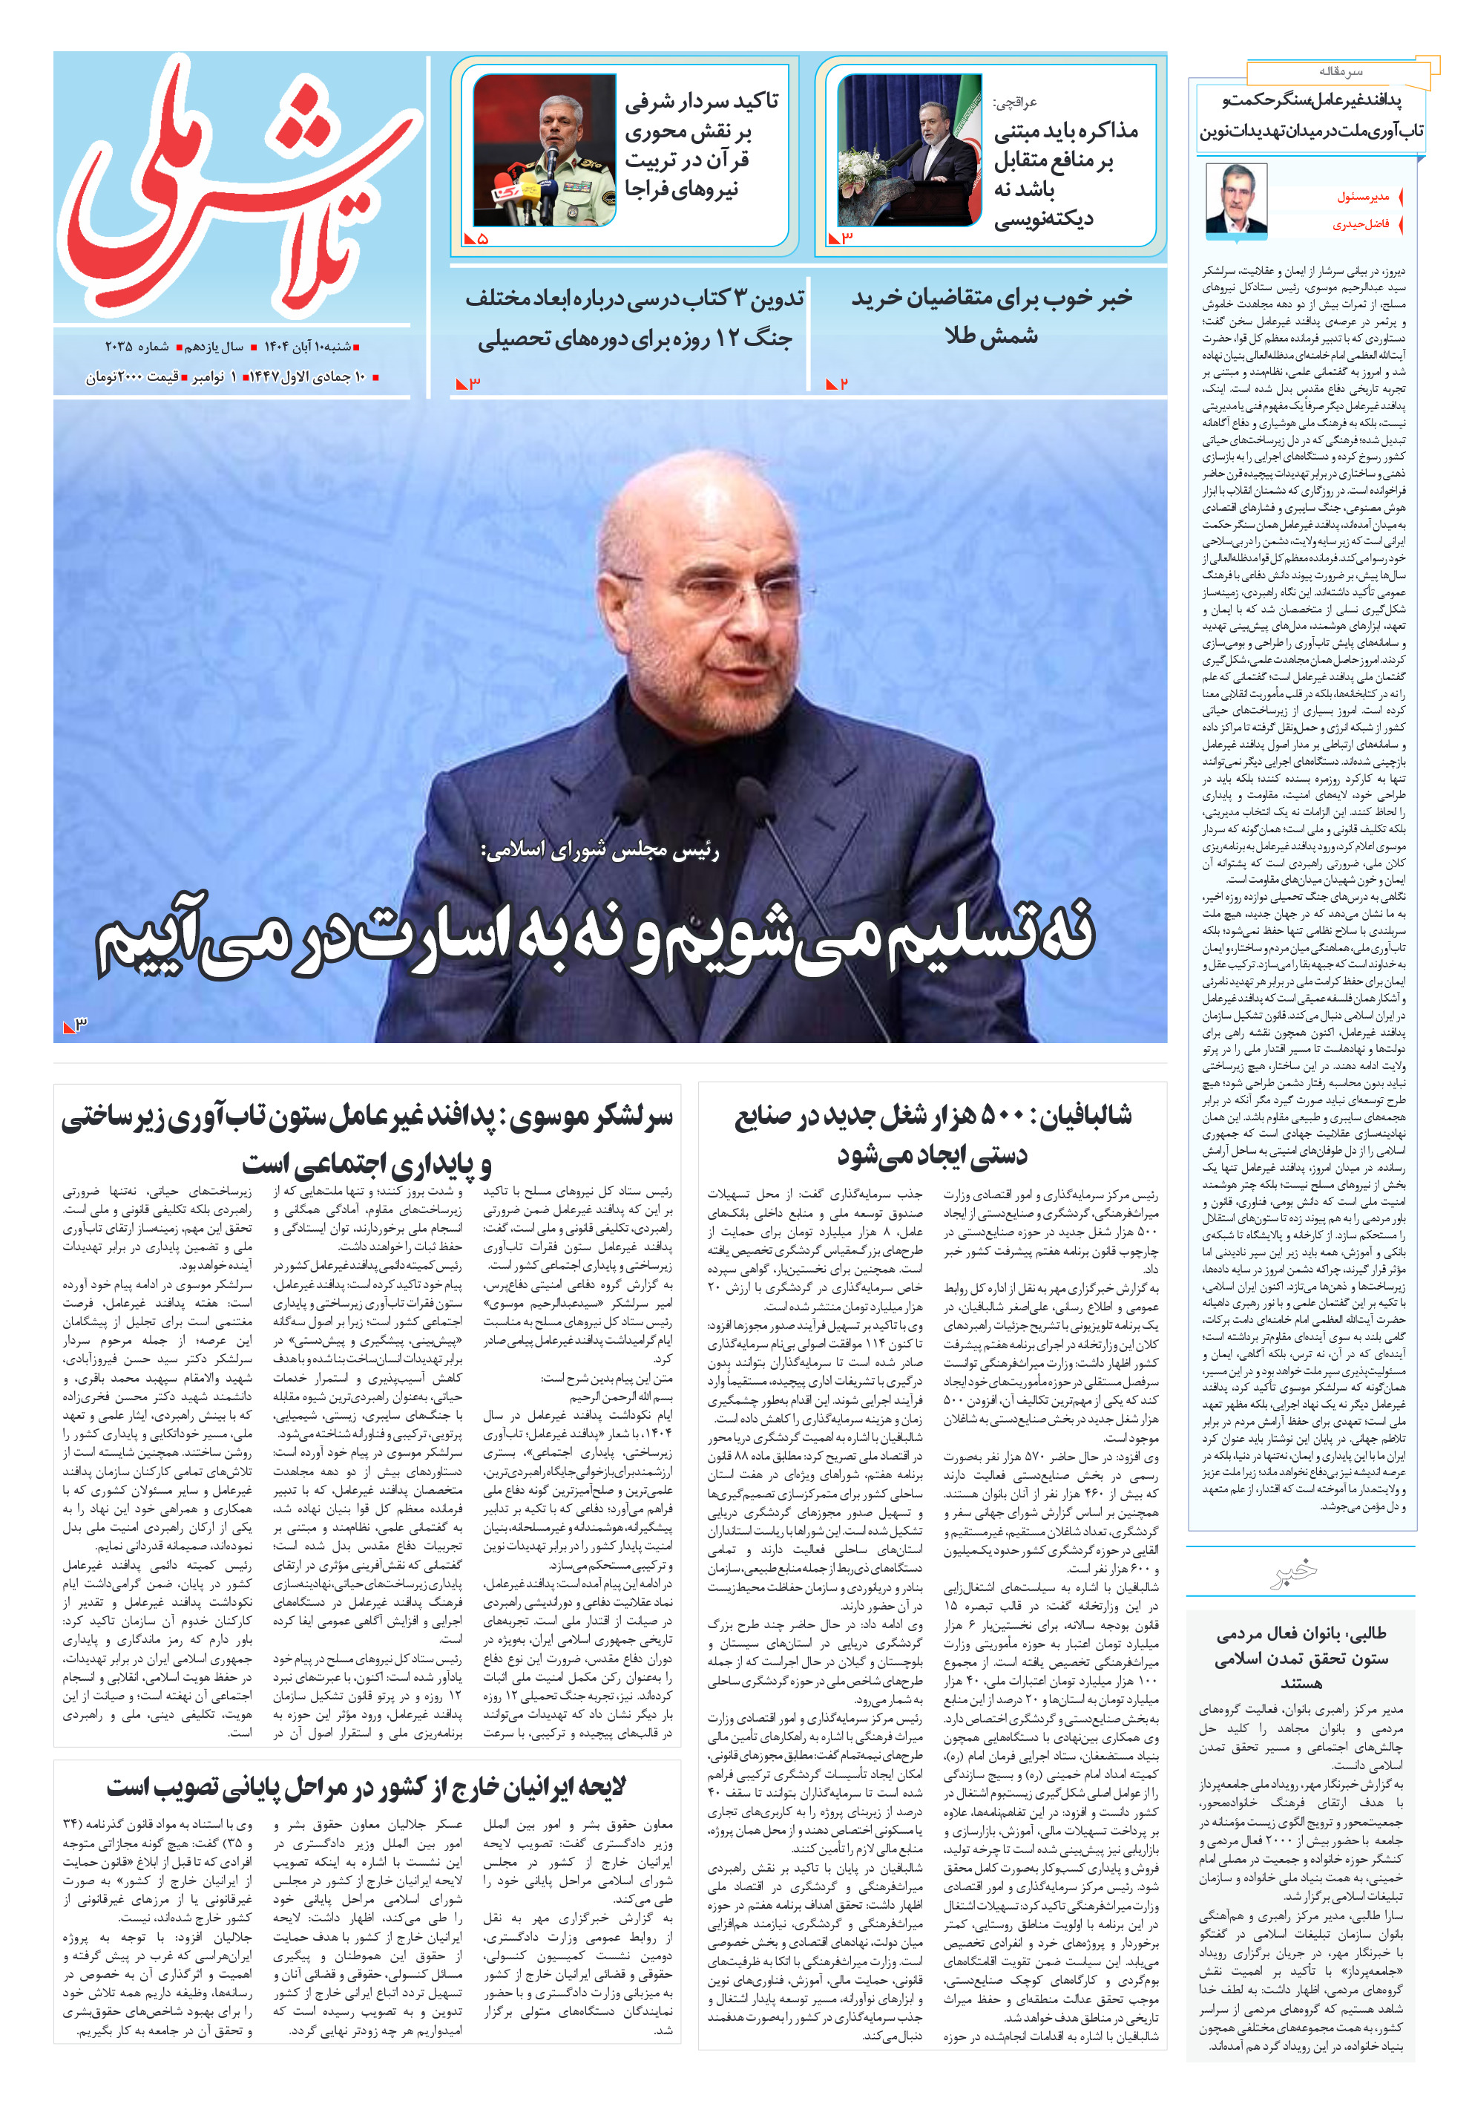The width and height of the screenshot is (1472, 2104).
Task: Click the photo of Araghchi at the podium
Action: coord(909,150)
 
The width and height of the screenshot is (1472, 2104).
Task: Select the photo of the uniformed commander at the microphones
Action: coord(544,150)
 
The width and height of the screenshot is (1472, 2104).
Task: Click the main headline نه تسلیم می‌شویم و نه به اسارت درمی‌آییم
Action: coord(595,936)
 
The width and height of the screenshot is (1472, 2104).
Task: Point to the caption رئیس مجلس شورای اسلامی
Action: coord(600,850)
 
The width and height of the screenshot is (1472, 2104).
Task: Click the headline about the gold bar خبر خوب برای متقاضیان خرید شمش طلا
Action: coord(992,317)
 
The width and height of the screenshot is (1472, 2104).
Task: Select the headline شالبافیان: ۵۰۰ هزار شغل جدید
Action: coord(933,1134)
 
